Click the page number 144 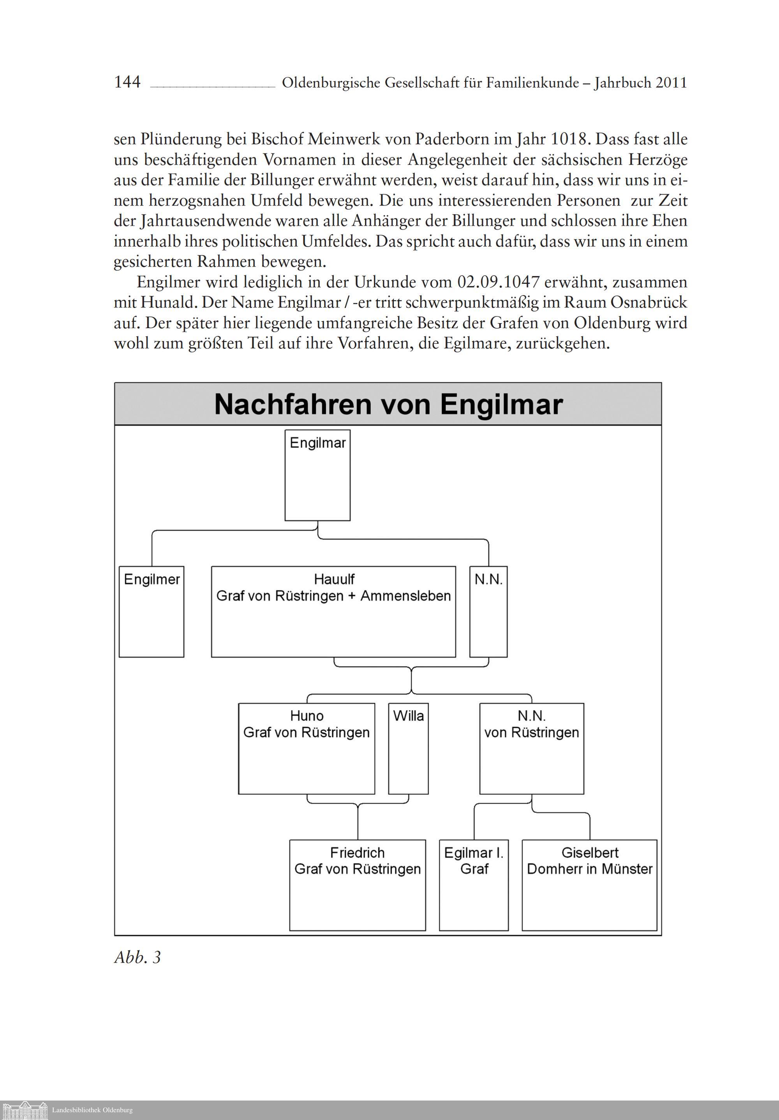pos(127,82)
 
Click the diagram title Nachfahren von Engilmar pos(388,404)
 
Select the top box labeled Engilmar pos(317,475)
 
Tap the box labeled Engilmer pos(151,611)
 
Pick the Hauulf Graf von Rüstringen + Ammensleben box pos(333,611)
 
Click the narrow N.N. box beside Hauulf pos(488,611)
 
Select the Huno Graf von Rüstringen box pos(307,748)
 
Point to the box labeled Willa pos(408,748)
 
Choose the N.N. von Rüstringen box pos(532,748)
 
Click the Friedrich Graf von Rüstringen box pos(357,884)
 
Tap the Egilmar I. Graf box pos(474,884)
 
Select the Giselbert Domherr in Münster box pos(589,884)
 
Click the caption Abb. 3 pos(137,958)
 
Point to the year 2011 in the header pos(671,83)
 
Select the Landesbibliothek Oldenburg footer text pos(92,1110)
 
